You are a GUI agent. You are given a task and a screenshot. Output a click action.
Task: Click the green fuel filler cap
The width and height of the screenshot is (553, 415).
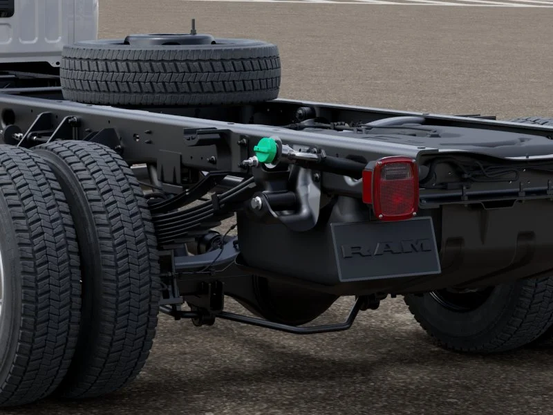pyautogui.click(x=266, y=150)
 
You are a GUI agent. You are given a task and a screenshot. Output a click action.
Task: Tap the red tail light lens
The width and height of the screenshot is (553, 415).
pyautogui.click(x=391, y=188)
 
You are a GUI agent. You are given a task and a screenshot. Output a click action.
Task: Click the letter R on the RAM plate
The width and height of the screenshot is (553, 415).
pyautogui.click(x=356, y=251)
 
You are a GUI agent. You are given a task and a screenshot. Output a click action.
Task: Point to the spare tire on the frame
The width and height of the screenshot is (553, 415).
pyautogui.click(x=170, y=71)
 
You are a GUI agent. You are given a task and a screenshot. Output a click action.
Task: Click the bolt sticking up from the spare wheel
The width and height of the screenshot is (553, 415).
pyautogui.click(x=193, y=27)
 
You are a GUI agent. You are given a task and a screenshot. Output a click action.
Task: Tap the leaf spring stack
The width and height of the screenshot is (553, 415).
pyautogui.click(x=198, y=208)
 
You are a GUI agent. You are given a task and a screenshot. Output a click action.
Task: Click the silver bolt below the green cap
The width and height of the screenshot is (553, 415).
pyautogui.click(x=256, y=203)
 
